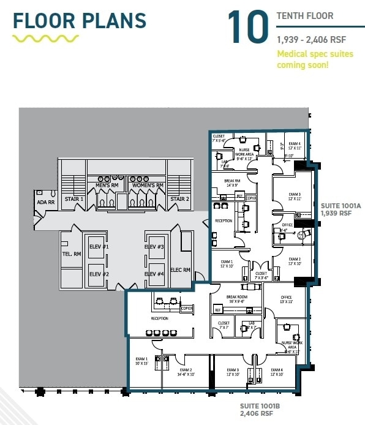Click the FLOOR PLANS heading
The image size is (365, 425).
[x=80, y=20]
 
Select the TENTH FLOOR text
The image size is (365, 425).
[x=305, y=15]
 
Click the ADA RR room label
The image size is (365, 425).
[x=45, y=201]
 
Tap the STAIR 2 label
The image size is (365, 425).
[x=179, y=199]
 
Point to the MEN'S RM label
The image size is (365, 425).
[x=107, y=186]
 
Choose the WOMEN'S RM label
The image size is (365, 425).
[x=147, y=186]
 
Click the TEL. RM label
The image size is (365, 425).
[x=72, y=254]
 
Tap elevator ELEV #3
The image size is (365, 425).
[x=154, y=247]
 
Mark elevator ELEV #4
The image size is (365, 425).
[x=154, y=274]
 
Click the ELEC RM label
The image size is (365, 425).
[x=181, y=269]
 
